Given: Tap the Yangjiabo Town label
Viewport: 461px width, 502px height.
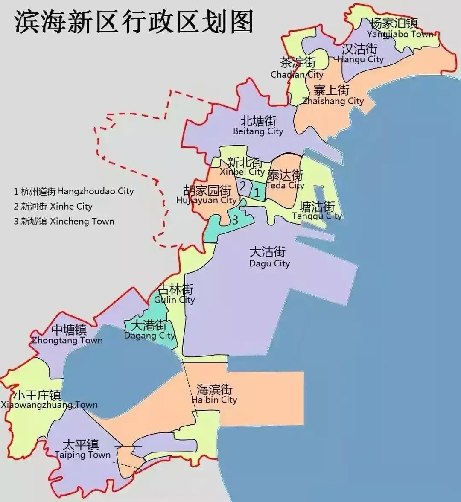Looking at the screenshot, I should point(394,28).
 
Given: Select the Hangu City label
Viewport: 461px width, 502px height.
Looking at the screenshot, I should point(360,54).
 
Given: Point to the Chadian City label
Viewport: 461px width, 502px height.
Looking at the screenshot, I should point(298,68).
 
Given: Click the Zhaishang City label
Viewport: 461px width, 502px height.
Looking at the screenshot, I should point(332,95).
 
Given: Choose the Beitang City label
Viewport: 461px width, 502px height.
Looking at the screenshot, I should point(258,126).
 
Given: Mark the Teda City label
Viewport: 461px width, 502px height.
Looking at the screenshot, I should point(285,180).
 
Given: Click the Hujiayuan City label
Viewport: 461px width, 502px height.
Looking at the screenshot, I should point(207,195).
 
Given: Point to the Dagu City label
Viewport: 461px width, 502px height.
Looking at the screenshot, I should point(269,257).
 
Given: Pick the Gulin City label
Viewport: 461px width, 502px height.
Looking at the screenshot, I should point(175,294).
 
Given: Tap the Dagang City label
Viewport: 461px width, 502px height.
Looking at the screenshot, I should point(149,330).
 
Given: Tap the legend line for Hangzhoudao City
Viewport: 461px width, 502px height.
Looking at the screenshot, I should point(73,191).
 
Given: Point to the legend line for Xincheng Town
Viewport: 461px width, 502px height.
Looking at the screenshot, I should point(64,221).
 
